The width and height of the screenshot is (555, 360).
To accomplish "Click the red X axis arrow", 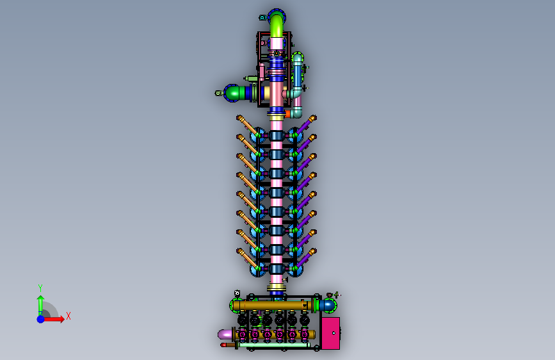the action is [x=53, y=319].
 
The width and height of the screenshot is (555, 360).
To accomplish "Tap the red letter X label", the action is [x=68, y=316].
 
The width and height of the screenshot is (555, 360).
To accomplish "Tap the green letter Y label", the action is [x=40, y=288].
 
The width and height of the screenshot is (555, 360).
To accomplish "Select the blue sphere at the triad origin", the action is [x=41, y=319].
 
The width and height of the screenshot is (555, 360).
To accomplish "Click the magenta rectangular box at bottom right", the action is [x=331, y=333].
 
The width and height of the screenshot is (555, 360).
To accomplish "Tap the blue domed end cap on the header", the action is [x=329, y=306].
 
